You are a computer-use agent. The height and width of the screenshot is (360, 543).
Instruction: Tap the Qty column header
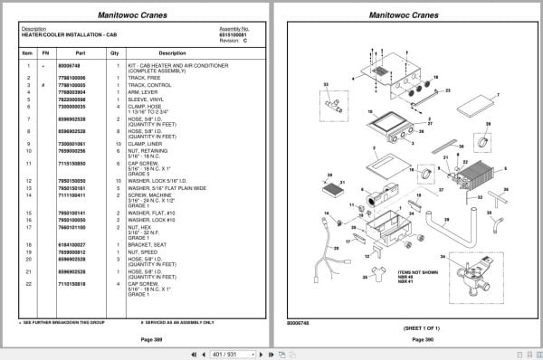pyautogui.click(x=114, y=52)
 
